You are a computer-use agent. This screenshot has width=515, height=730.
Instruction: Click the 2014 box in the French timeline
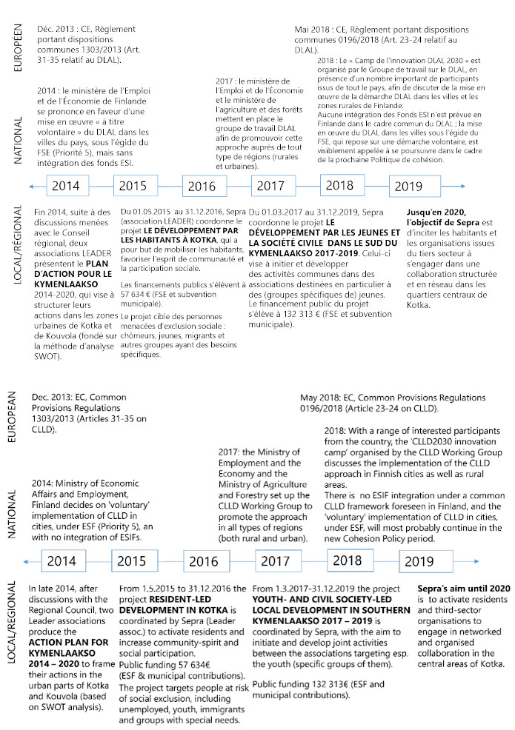pyautogui.click(x=67, y=185)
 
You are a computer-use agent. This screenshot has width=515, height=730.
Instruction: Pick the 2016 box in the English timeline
pyautogui.click(x=203, y=562)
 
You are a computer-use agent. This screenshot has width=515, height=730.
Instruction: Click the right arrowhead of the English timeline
pyautogui.click(x=464, y=561)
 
